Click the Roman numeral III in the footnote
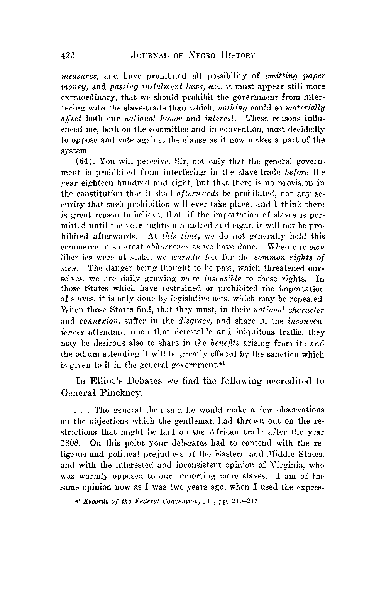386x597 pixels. pos(215,503)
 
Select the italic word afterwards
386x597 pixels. pos(196,193)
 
